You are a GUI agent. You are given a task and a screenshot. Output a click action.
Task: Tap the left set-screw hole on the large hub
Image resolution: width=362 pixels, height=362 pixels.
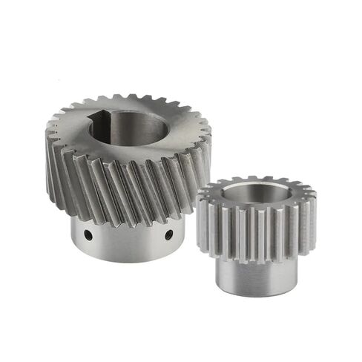[88, 235]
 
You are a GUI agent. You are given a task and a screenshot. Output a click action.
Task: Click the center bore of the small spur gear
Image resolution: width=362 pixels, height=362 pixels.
[256, 194]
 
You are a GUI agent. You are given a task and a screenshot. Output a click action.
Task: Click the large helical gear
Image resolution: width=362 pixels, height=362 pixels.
[126, 163]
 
